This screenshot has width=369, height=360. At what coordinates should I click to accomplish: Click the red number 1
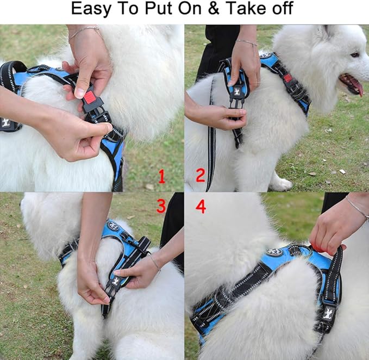(x=161, y=177)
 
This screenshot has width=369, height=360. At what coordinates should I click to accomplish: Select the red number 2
(x=200, y=176)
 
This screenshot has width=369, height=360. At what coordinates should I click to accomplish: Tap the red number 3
(x=161, y=206)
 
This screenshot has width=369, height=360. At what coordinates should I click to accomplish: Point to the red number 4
(x=201, y=206)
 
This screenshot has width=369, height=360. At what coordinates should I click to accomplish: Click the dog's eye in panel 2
(x=355, y=54)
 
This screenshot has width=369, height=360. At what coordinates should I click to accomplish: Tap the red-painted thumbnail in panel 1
(x=79, y=93)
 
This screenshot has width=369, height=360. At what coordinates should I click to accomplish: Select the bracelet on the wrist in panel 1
(x=85, y=30)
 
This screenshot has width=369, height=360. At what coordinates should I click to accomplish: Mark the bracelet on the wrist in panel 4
(x=357, y=208)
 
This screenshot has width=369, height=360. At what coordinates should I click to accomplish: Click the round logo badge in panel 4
(x=274, y=252)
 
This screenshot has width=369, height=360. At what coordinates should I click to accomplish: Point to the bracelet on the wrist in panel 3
(x=155, y=263)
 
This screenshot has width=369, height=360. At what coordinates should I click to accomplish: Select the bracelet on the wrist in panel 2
(x=247, y=42)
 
